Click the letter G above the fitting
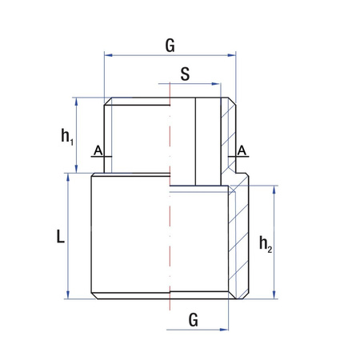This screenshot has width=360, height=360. click(x=170, y=46)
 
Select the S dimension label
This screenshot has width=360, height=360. click(x=185, y=74)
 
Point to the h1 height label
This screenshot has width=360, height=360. click(x=68, y=136)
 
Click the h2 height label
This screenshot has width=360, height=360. click(x=266, y=244)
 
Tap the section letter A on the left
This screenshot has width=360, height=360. click(x=98, y=150)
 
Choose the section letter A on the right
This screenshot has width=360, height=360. click(x=242, y=150)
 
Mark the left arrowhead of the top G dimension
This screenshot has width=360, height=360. click(x=108, y=55)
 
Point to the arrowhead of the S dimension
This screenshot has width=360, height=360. click(x=217, y=82)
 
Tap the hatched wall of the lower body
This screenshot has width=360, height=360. click(x=239, y=240)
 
